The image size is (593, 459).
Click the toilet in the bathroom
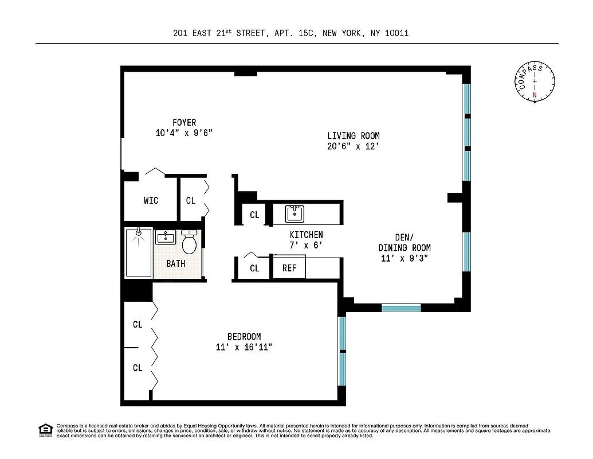[x=189, y=243]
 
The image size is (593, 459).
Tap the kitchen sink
[x=295, y=214]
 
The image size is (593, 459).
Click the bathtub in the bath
[x=138, y=253]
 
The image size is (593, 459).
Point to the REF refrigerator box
[x=289, y=268]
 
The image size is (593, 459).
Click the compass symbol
[x=535, y=81]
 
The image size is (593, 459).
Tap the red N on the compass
[x=535, y=95]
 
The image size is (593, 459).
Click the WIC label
[x=151, y=201]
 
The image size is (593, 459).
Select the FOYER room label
[x=184, y=122]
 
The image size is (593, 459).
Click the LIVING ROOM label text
[x=353, y=136]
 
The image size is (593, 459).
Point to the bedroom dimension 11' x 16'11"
[x=244, y=347]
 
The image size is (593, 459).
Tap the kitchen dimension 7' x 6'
[x=306, y=245]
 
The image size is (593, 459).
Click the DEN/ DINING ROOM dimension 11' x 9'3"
[x=405, y=258]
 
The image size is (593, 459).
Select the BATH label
[x=176, y=264]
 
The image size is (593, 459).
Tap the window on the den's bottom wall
[x=401, y=308]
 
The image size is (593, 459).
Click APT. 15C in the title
[x=293, y=33]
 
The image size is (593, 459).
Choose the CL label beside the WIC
[x=191, y=201]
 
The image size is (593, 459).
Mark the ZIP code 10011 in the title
[x=396, y=33]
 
